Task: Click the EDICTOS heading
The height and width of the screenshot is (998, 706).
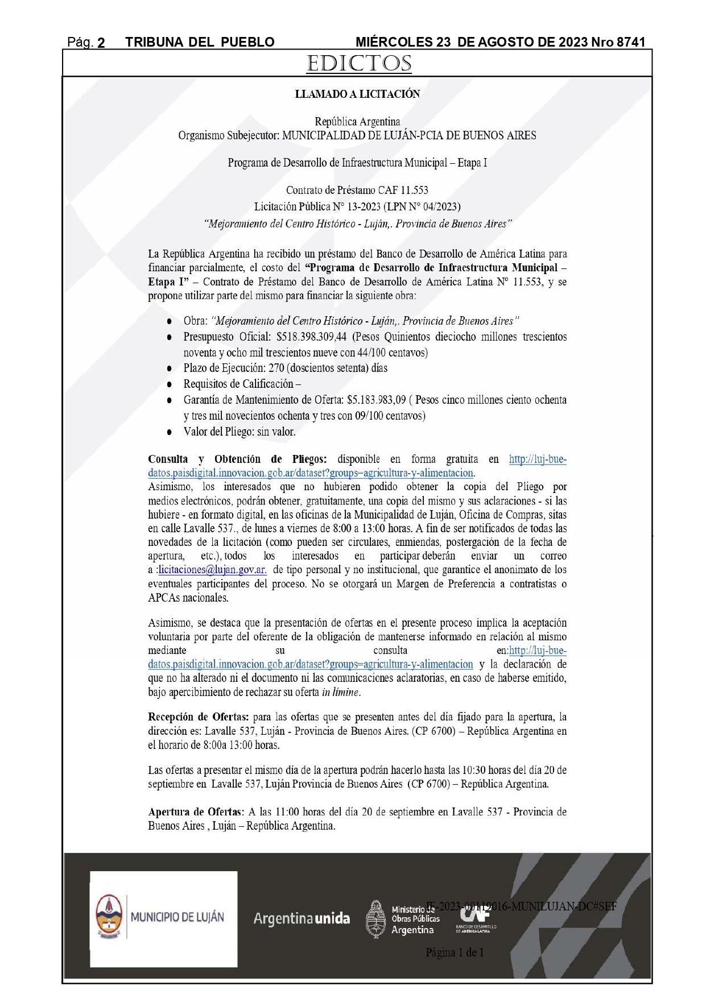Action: [358, 63]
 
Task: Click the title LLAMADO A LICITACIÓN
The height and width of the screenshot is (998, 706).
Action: [357, 94]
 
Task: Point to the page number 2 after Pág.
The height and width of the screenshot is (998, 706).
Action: [101, 43]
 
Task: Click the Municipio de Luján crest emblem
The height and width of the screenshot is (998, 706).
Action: [108, 917]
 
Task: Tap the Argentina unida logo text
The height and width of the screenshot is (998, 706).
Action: [302, 918]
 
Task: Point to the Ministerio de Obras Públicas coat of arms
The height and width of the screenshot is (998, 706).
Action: [376, 918]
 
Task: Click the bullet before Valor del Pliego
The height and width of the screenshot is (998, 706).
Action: [170, 432]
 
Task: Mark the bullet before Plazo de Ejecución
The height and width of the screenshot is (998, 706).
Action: [170, 368]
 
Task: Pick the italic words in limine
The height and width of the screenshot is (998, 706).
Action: [340, 692]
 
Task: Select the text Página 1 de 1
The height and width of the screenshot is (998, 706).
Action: [454, 952]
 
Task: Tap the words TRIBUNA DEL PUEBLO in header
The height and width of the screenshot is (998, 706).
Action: [200, 42]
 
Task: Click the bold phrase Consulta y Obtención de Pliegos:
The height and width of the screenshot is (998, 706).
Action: [237, 459]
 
